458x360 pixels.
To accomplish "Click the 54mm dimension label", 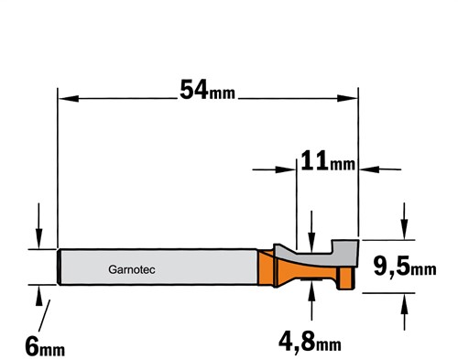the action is [207, 90].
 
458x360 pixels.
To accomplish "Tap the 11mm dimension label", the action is [328, 160].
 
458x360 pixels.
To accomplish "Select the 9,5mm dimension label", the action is [405, 266].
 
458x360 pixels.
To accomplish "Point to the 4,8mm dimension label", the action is [310, 342].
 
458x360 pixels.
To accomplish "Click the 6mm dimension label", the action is [45, 346].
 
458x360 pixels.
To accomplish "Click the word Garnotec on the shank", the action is [132, 269].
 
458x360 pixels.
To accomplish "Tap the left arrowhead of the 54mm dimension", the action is [68, 98].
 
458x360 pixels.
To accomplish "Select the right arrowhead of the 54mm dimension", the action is [347, 98].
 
